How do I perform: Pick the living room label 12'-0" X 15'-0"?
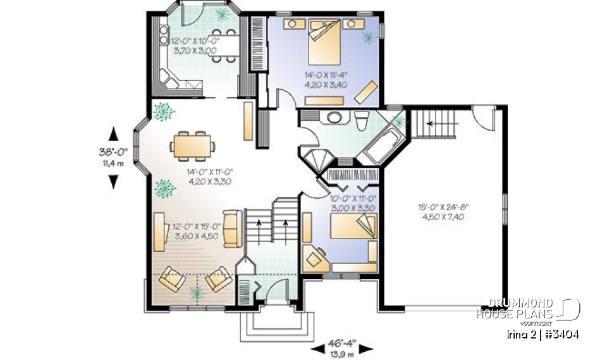click(195, 226)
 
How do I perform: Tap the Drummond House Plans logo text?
click(515, 309)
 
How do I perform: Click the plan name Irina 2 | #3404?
click(543, 333)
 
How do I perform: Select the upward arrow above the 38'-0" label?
click(114, 133)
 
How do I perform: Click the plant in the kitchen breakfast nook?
click(222, 13)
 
